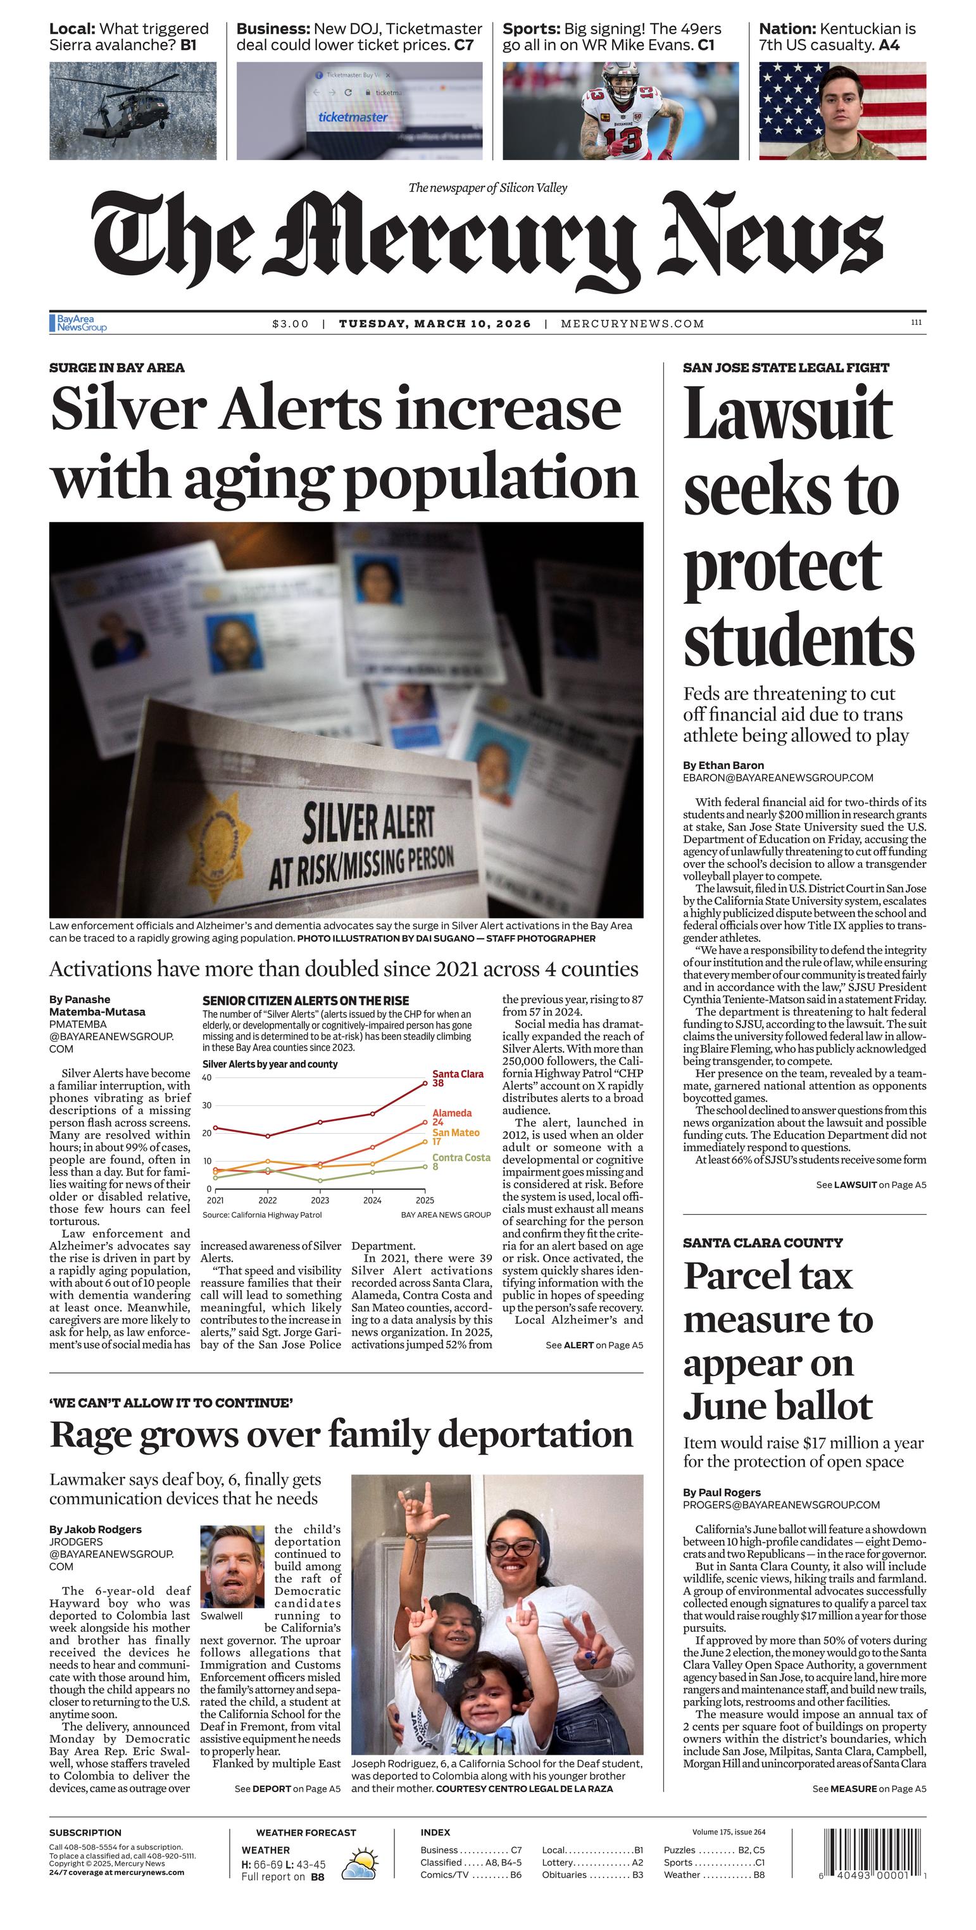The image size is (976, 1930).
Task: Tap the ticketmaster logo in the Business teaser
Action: pos(353,117)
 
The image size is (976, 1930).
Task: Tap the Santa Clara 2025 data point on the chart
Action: pos(425,1082)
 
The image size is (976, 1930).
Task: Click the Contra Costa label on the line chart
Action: pos(461,1158)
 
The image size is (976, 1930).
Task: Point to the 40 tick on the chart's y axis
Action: pos(207,1077)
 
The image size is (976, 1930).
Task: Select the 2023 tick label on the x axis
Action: pos(320,1200)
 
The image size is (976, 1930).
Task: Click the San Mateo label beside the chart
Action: pos(456,1133)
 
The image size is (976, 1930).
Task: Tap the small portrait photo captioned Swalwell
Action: pos(232,1566)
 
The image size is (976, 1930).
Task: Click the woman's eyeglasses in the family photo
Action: pos(512,1547)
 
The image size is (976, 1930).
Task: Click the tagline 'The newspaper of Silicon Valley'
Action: pos(487,187)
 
